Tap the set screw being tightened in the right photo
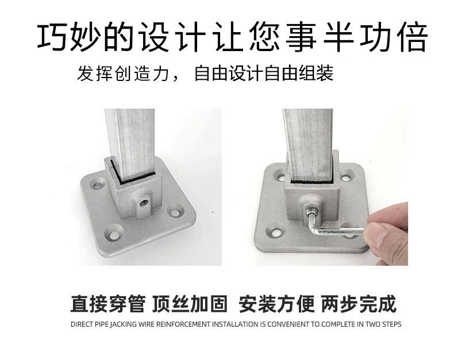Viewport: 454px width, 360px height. point(310,210)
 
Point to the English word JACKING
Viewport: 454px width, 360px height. point(125,324)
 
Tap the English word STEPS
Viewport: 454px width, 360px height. point(391,324)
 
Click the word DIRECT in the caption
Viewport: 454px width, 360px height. point(81,324)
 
